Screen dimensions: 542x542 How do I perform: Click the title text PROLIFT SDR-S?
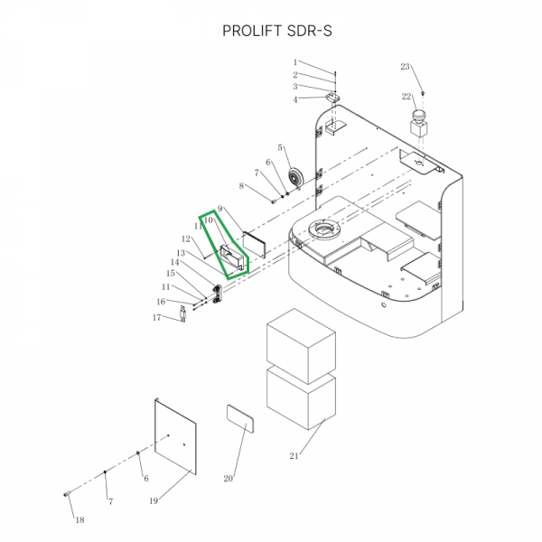click(x=277, y=31)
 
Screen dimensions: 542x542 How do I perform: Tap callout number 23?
click(x=405, y=67)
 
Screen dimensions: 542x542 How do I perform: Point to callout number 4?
click(x=294, y=99)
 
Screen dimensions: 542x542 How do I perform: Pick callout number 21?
click(x=294, y=456)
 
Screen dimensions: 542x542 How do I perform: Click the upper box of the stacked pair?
click(x=301, y=346)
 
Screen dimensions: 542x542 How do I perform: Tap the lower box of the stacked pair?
click(x=301, y=398)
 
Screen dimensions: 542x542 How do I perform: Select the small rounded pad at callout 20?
click(x=240, y=419)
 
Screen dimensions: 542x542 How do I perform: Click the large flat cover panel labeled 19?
click(x=175, y=436)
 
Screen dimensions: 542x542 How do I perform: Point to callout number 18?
click(x=79, y=519)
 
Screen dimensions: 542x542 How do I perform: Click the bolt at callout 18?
click(x=67, y=494)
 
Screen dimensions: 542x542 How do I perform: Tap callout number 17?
click(x=156, y=317)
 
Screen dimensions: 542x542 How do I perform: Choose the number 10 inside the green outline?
click(x=209, y=220)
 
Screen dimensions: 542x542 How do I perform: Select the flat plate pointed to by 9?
click(x=254, y=245)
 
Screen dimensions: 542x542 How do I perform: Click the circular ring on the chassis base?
click(x=324, y=229)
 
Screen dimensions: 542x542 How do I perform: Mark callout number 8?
click(x=241, y=186)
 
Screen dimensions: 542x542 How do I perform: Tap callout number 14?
click(x=175, y=262)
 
